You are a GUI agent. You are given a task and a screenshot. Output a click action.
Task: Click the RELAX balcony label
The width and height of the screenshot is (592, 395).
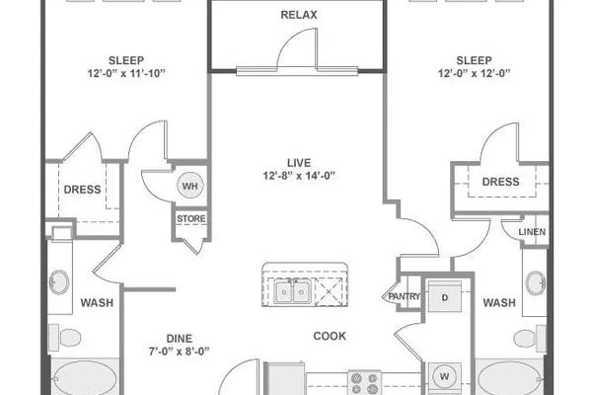[x=299, y=15]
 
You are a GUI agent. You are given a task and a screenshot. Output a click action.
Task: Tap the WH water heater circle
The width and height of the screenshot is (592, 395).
[x=189, y=186]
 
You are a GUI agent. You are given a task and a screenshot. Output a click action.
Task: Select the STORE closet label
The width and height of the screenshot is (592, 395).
[x=191, y=218]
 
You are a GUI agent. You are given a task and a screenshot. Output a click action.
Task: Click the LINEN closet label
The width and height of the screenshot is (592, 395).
[x=532, y=232]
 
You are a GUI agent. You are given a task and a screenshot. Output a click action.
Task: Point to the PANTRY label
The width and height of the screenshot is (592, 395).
[x=405, y=296]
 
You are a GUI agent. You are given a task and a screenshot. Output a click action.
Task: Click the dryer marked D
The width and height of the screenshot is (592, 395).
[x=445, y=296]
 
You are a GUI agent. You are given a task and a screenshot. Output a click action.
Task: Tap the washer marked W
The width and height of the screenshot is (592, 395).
[x=444, y=376]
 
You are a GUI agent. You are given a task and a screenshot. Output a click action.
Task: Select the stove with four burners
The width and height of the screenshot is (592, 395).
[x=364, y=382]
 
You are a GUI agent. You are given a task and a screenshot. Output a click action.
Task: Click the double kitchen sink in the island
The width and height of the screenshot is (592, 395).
[x=293, y=291]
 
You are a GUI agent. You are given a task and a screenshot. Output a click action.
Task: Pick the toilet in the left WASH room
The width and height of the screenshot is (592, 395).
[x=65, y=337]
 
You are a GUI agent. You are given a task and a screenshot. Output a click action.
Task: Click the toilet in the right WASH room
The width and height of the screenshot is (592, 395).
[x=530, y=339]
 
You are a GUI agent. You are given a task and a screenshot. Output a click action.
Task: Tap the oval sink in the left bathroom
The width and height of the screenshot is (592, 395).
[x=59, y=282]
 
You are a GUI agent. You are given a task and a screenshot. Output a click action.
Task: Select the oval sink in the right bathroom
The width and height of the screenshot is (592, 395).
[x=536, y=282]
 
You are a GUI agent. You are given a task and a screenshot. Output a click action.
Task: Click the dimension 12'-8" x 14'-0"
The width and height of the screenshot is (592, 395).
[x=299, y=176]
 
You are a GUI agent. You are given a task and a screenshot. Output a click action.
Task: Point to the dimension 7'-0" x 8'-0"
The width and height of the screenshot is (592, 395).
[x=179, y=352]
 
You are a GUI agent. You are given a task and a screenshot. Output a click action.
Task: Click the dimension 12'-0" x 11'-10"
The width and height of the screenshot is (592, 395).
[x=126, y=73]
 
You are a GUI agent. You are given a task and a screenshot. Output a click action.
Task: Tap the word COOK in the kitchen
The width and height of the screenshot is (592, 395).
[x=330, y=336]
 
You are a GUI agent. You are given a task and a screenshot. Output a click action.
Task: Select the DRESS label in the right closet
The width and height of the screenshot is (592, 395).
[x=500, y=182]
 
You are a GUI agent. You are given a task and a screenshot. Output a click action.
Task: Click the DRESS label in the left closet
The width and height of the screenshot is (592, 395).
[x=82, y=190]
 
